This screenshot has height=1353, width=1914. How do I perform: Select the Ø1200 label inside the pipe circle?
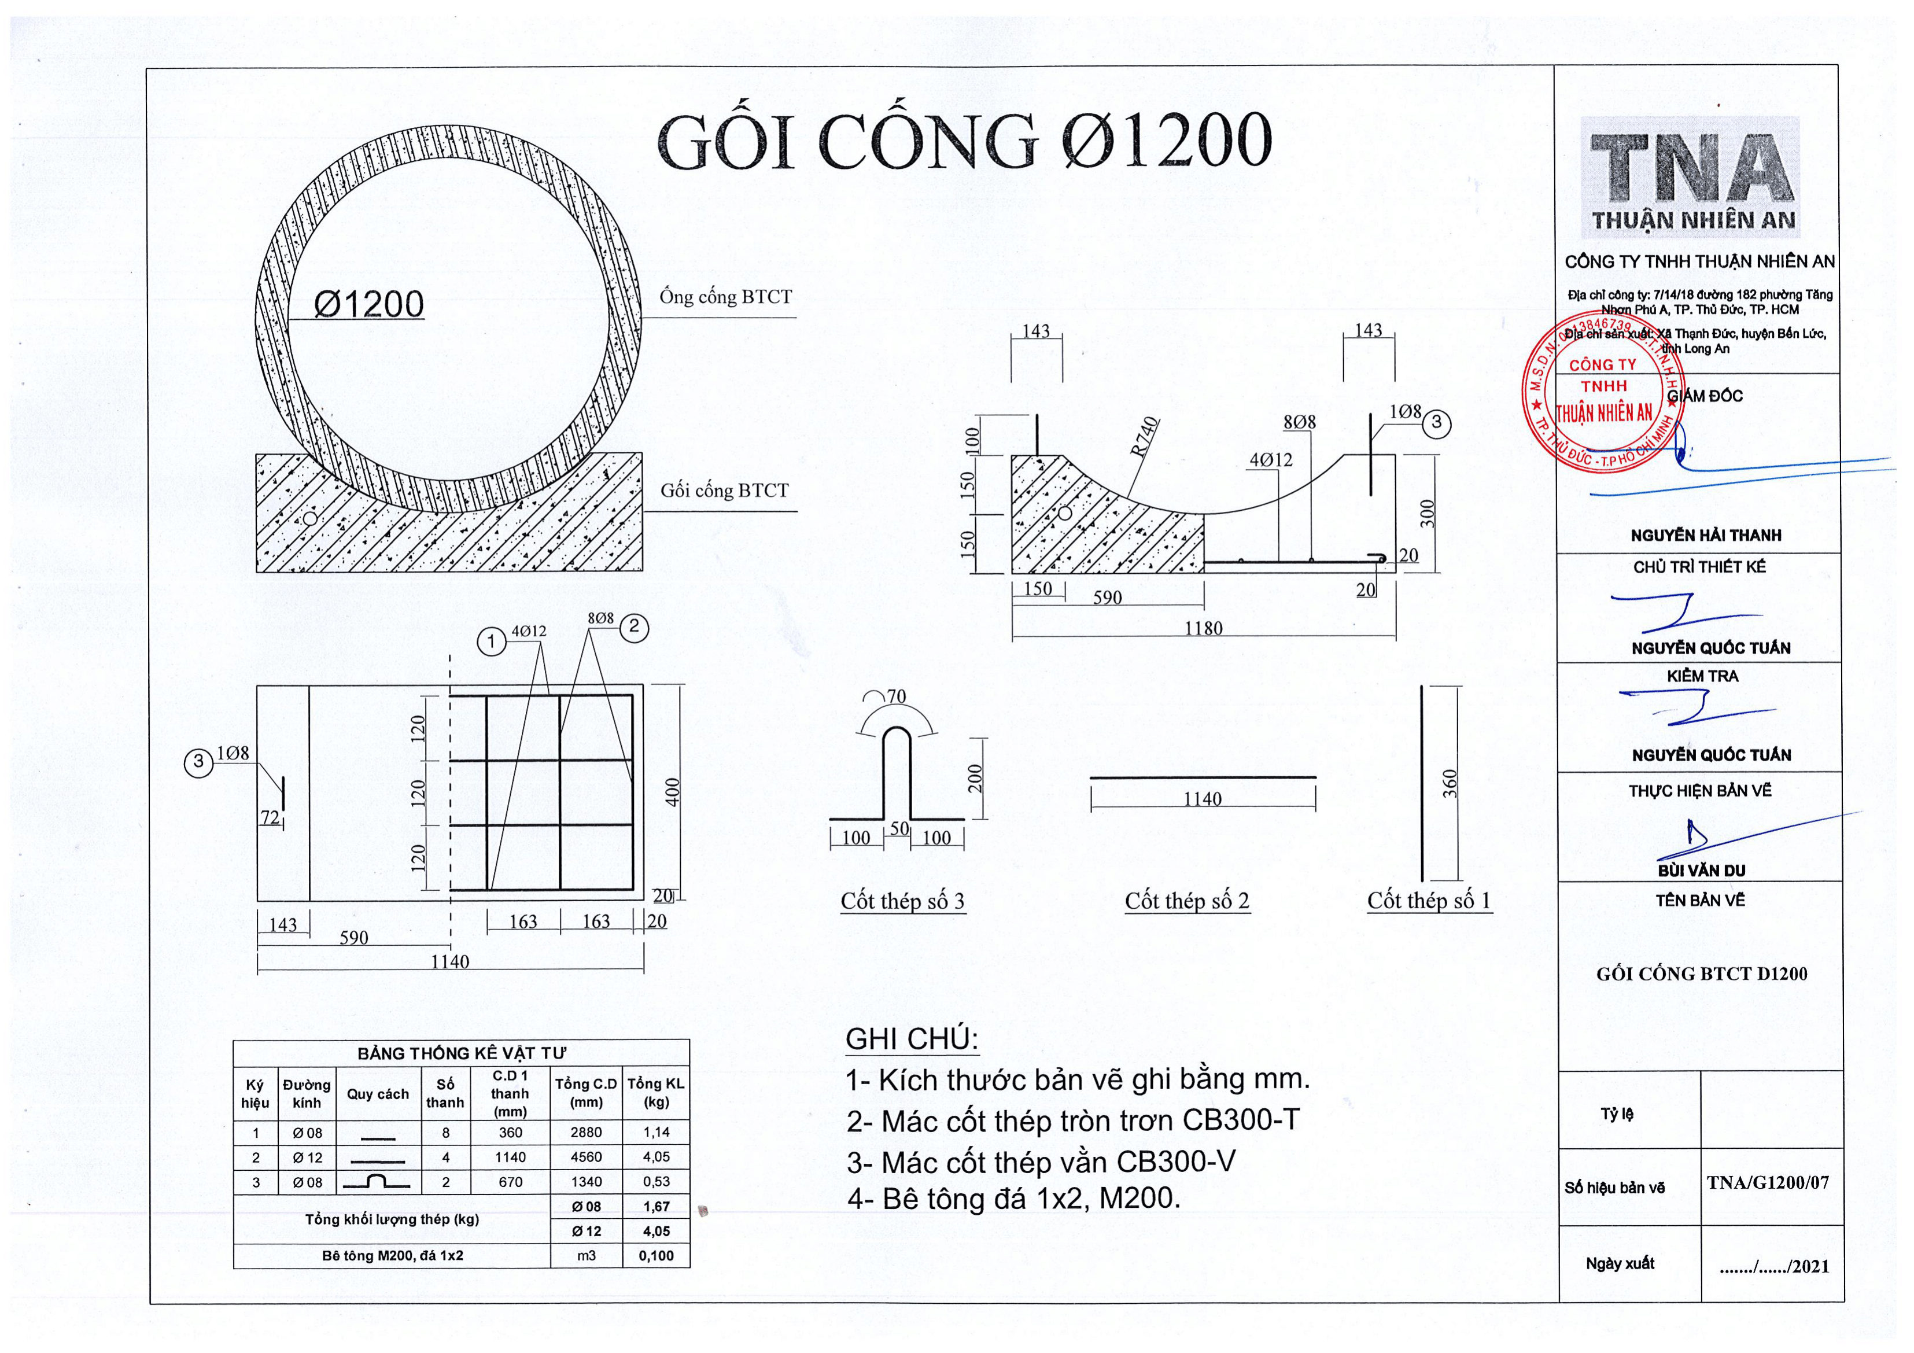(368, 304)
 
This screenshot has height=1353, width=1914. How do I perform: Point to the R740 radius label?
(1145, 436)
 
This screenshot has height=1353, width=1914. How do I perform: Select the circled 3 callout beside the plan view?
(198, 761)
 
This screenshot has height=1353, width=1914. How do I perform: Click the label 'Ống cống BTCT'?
(725, 297)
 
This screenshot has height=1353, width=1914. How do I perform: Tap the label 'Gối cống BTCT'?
(724, 490)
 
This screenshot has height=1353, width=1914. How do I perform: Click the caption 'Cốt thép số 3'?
(903, 901)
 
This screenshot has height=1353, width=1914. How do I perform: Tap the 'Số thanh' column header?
(445, 1093)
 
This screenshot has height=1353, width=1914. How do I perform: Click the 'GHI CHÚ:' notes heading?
(912, 1039)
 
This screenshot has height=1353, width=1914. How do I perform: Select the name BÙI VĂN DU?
(1701, 871)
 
